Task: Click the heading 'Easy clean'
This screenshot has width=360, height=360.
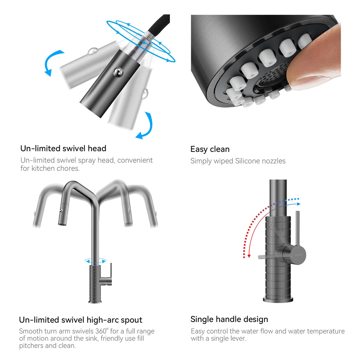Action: pyautogui.click(x=210, y=149)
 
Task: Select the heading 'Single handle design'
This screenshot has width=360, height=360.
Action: pyautogui.click(x=229, y=319)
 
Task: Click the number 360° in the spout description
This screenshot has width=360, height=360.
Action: pyautogui.click(x=102, y=331)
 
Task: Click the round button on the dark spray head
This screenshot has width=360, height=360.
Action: pyautogui.click(x=118, y=72)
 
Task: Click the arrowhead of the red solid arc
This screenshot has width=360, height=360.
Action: pyautogui.click(x=249, y=256)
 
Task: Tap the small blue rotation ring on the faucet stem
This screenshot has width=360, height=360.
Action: pyautogui.click(x=95, y=261)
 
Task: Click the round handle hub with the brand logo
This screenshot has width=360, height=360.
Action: pyautogui.click(x=296, y=255)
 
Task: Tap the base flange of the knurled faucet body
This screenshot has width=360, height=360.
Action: pyautogui.click(x=278, y=300)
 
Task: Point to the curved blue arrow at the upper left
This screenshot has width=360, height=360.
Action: pyautogui.click(x=52, y=62)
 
